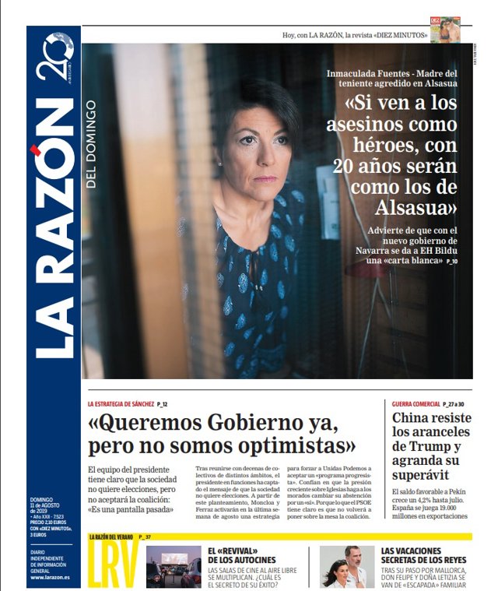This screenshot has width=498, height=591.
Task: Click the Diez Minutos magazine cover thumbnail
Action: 444,30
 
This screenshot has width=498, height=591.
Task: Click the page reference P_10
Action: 452,262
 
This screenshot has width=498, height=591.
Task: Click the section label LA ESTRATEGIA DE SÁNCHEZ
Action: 121,404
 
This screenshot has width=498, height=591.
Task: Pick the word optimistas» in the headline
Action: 299,447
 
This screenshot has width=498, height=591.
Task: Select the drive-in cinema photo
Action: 173,566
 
